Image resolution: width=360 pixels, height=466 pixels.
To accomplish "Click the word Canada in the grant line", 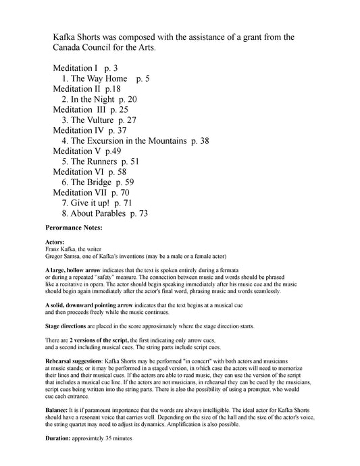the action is (x=69, y=49).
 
